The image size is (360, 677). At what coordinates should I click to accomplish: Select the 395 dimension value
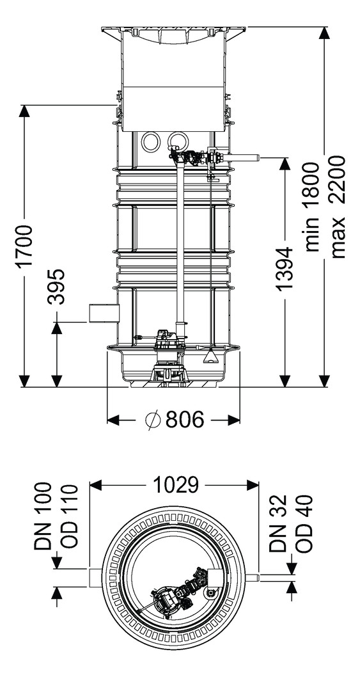click(56, 287)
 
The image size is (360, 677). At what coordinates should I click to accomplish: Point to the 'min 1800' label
click(311, 207)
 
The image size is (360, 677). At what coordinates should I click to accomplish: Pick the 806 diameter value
click(185, 419)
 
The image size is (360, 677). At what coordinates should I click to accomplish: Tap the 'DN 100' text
click(43, 516)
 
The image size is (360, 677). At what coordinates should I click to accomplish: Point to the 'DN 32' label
click(278, 523)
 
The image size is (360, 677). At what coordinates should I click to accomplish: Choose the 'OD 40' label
click(304, 523)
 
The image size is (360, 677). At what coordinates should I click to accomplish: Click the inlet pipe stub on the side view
click(104, 313)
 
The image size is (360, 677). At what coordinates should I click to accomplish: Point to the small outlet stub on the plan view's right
click(252, 578)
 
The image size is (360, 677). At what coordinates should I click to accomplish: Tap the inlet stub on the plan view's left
click(97, 578)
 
